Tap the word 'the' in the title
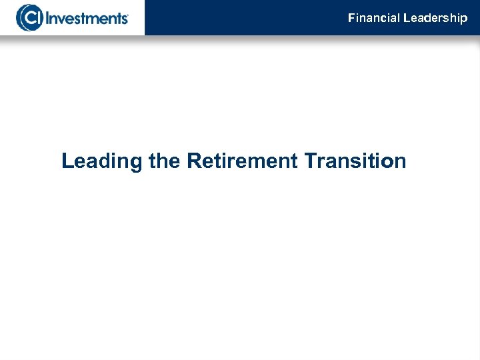pos(165,161)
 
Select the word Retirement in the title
pos(242,161)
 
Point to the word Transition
pos(355,161)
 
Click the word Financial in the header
pos(373,18)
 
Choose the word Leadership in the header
pos(435,18)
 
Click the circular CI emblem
pos(29,17)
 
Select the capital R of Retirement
pos(194,161)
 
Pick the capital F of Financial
pos(351,18)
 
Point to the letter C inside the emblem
pos(27,18)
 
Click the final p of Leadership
pos(464,19)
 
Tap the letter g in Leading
pos(135,164)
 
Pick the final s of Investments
pos(123,19)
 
